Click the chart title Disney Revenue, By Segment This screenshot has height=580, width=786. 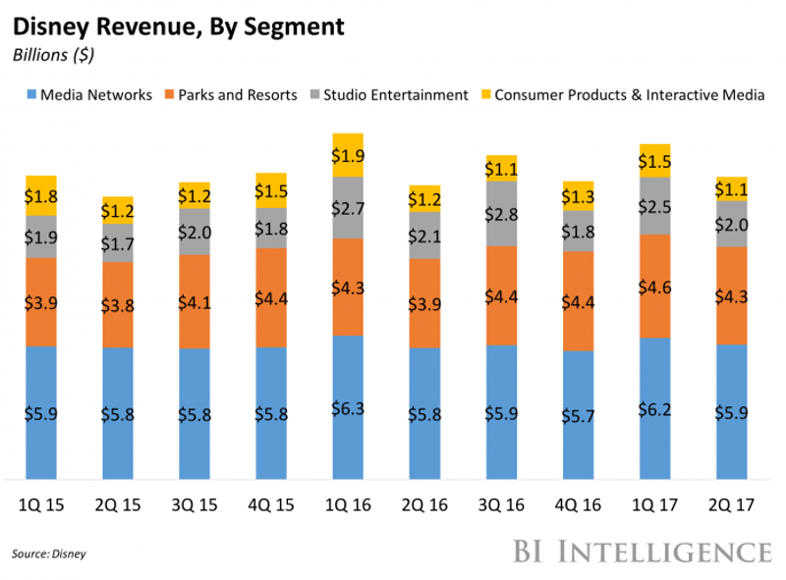(x=178, y=26)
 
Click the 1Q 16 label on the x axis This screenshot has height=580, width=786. (x=348, y=507)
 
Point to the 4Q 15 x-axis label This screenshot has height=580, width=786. (x=271, y=507)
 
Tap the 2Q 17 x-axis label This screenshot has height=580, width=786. (x=731, y=507)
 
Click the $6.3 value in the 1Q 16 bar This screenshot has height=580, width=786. (x=348, y=407)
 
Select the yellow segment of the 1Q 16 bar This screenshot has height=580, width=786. (x=348, y=155)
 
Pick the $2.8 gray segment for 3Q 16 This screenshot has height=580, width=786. (x=501, y=214)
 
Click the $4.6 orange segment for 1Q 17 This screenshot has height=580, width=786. (x=654, y=287)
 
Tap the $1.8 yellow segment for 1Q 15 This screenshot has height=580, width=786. (x=41, y=195)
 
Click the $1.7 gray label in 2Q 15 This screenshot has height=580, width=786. (x=118, y=242)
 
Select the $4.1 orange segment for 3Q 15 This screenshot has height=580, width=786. (x=195, y=302)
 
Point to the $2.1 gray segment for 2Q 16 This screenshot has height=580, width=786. (x=424, y=236)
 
